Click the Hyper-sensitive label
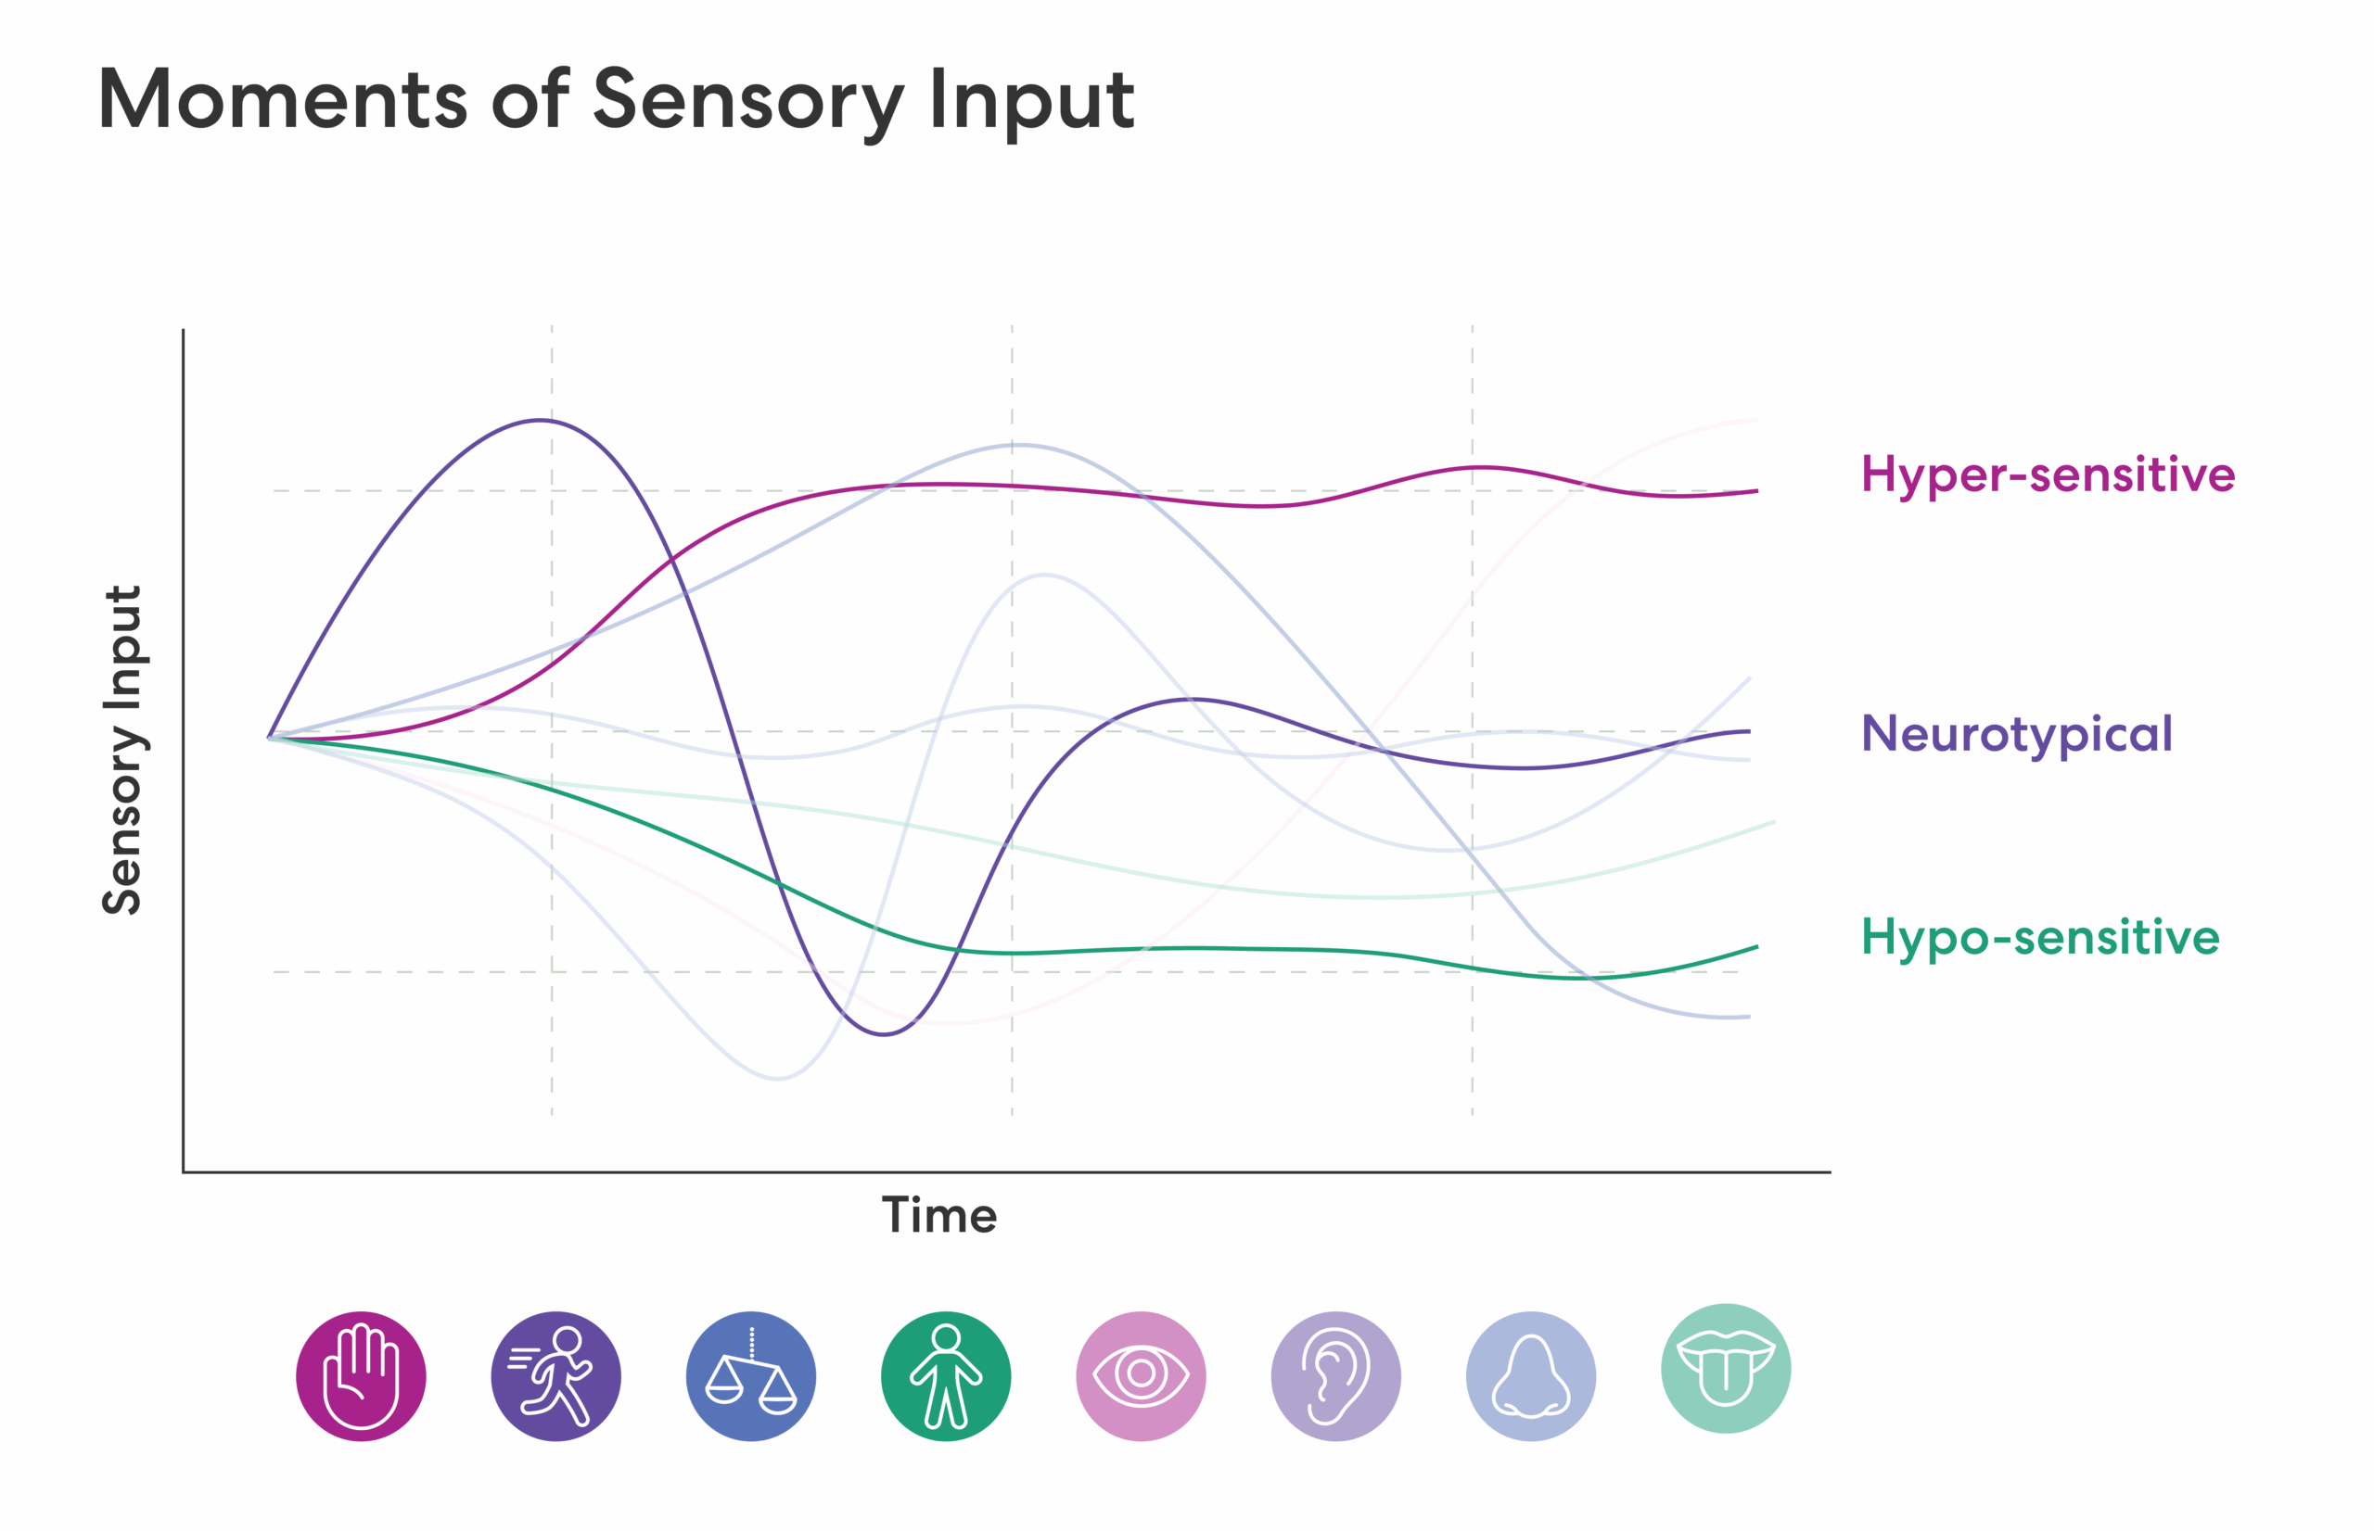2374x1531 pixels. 2047,474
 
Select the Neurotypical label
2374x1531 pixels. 2016,734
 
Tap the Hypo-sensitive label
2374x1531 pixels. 2039,937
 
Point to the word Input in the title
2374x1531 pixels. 1031,99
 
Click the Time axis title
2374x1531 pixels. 938,1215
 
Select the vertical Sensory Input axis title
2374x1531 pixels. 123,750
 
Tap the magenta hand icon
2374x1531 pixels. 361,1376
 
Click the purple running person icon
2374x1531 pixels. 556,1376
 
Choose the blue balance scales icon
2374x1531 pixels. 751,1376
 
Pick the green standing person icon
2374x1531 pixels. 946,1376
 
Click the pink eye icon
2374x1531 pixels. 1141,1376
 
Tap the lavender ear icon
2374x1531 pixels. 1335,1376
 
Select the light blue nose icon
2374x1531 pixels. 1531,1376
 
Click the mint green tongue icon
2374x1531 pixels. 1726,1369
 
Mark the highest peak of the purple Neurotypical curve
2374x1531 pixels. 539,421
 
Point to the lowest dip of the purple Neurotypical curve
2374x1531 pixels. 883,1035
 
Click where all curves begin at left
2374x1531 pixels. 270,738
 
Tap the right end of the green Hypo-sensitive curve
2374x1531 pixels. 1756,947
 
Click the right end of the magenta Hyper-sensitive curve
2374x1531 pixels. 1756,491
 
